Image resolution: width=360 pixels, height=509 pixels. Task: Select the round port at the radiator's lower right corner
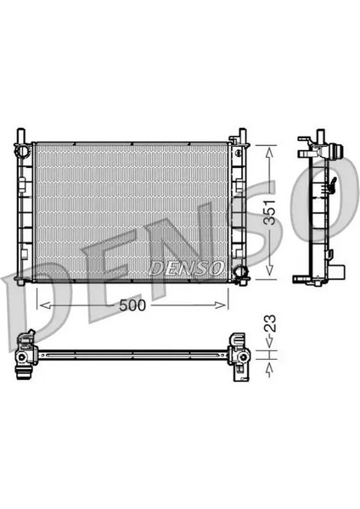pos(240,272)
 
